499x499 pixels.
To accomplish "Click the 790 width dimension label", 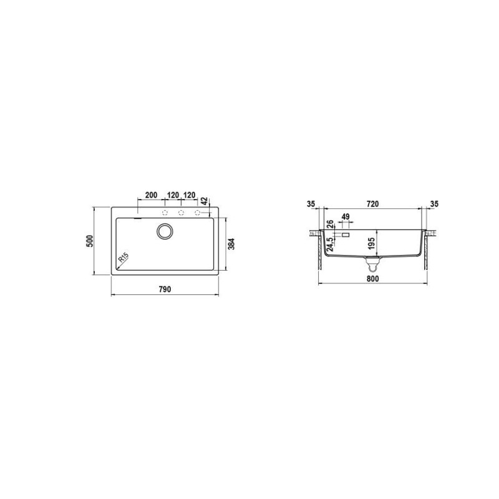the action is (x=165, y=289).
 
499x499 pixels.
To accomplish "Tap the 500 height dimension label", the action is (x=90, y=241).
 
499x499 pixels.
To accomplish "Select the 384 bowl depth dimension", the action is (x=231, y=244).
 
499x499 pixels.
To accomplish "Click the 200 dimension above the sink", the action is (x=151, y=195).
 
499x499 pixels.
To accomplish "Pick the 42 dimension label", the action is (x=205, y=201).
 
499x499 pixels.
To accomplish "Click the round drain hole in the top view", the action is (x=165, y=231).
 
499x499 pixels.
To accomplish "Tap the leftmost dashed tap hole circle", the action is (x=165, y=213).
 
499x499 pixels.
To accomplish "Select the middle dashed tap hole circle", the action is (x=182, y=213).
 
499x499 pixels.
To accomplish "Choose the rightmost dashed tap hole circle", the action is (x=198, y=213).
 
